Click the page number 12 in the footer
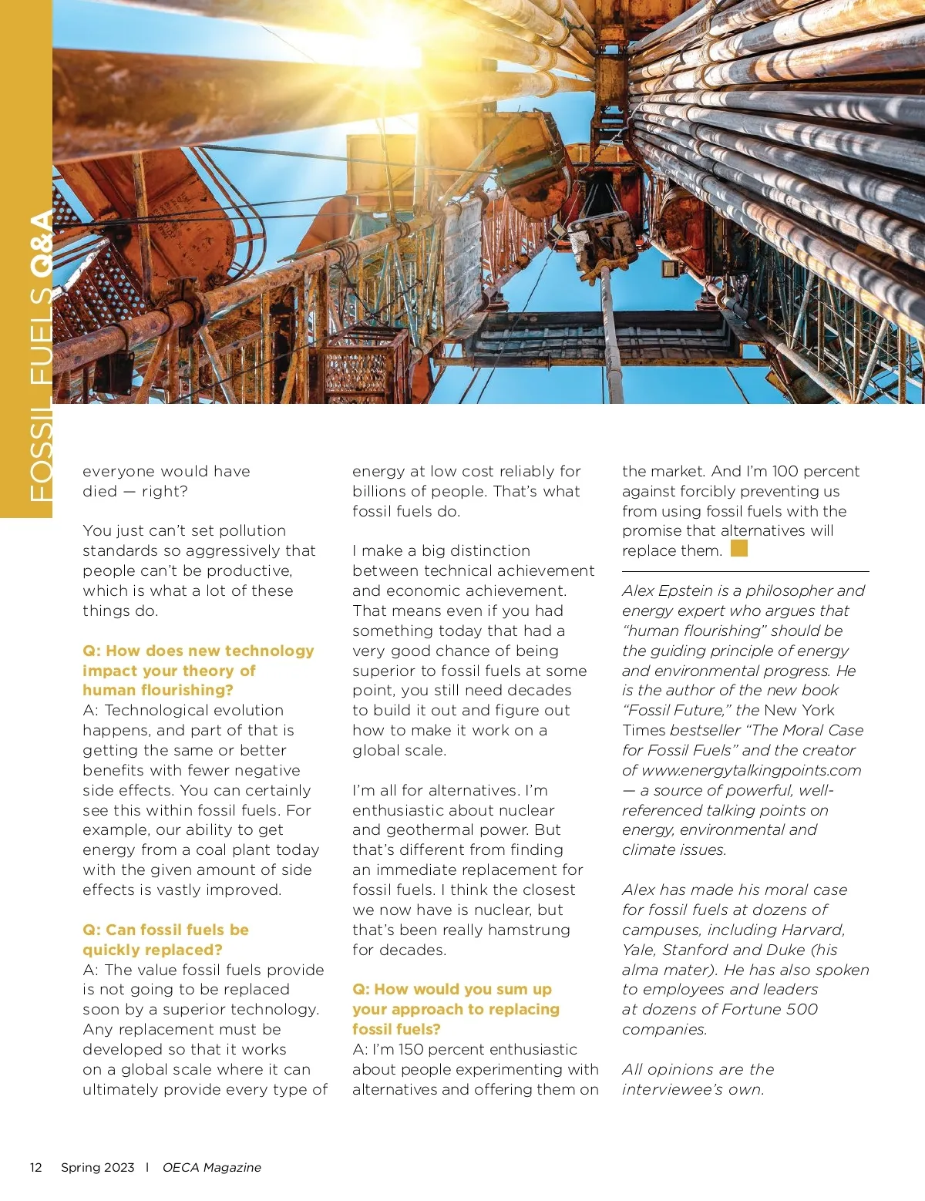(35, 1167)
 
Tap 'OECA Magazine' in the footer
(211, 1167)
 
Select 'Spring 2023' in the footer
(97, 1167)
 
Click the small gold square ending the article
(738, 548)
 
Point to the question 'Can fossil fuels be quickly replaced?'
(166, 940)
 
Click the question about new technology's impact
(198, 670)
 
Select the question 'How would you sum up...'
(456, 1009)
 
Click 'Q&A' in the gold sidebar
(40, 244)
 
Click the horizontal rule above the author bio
(745, 571)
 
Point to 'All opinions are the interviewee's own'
(698, 1079)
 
